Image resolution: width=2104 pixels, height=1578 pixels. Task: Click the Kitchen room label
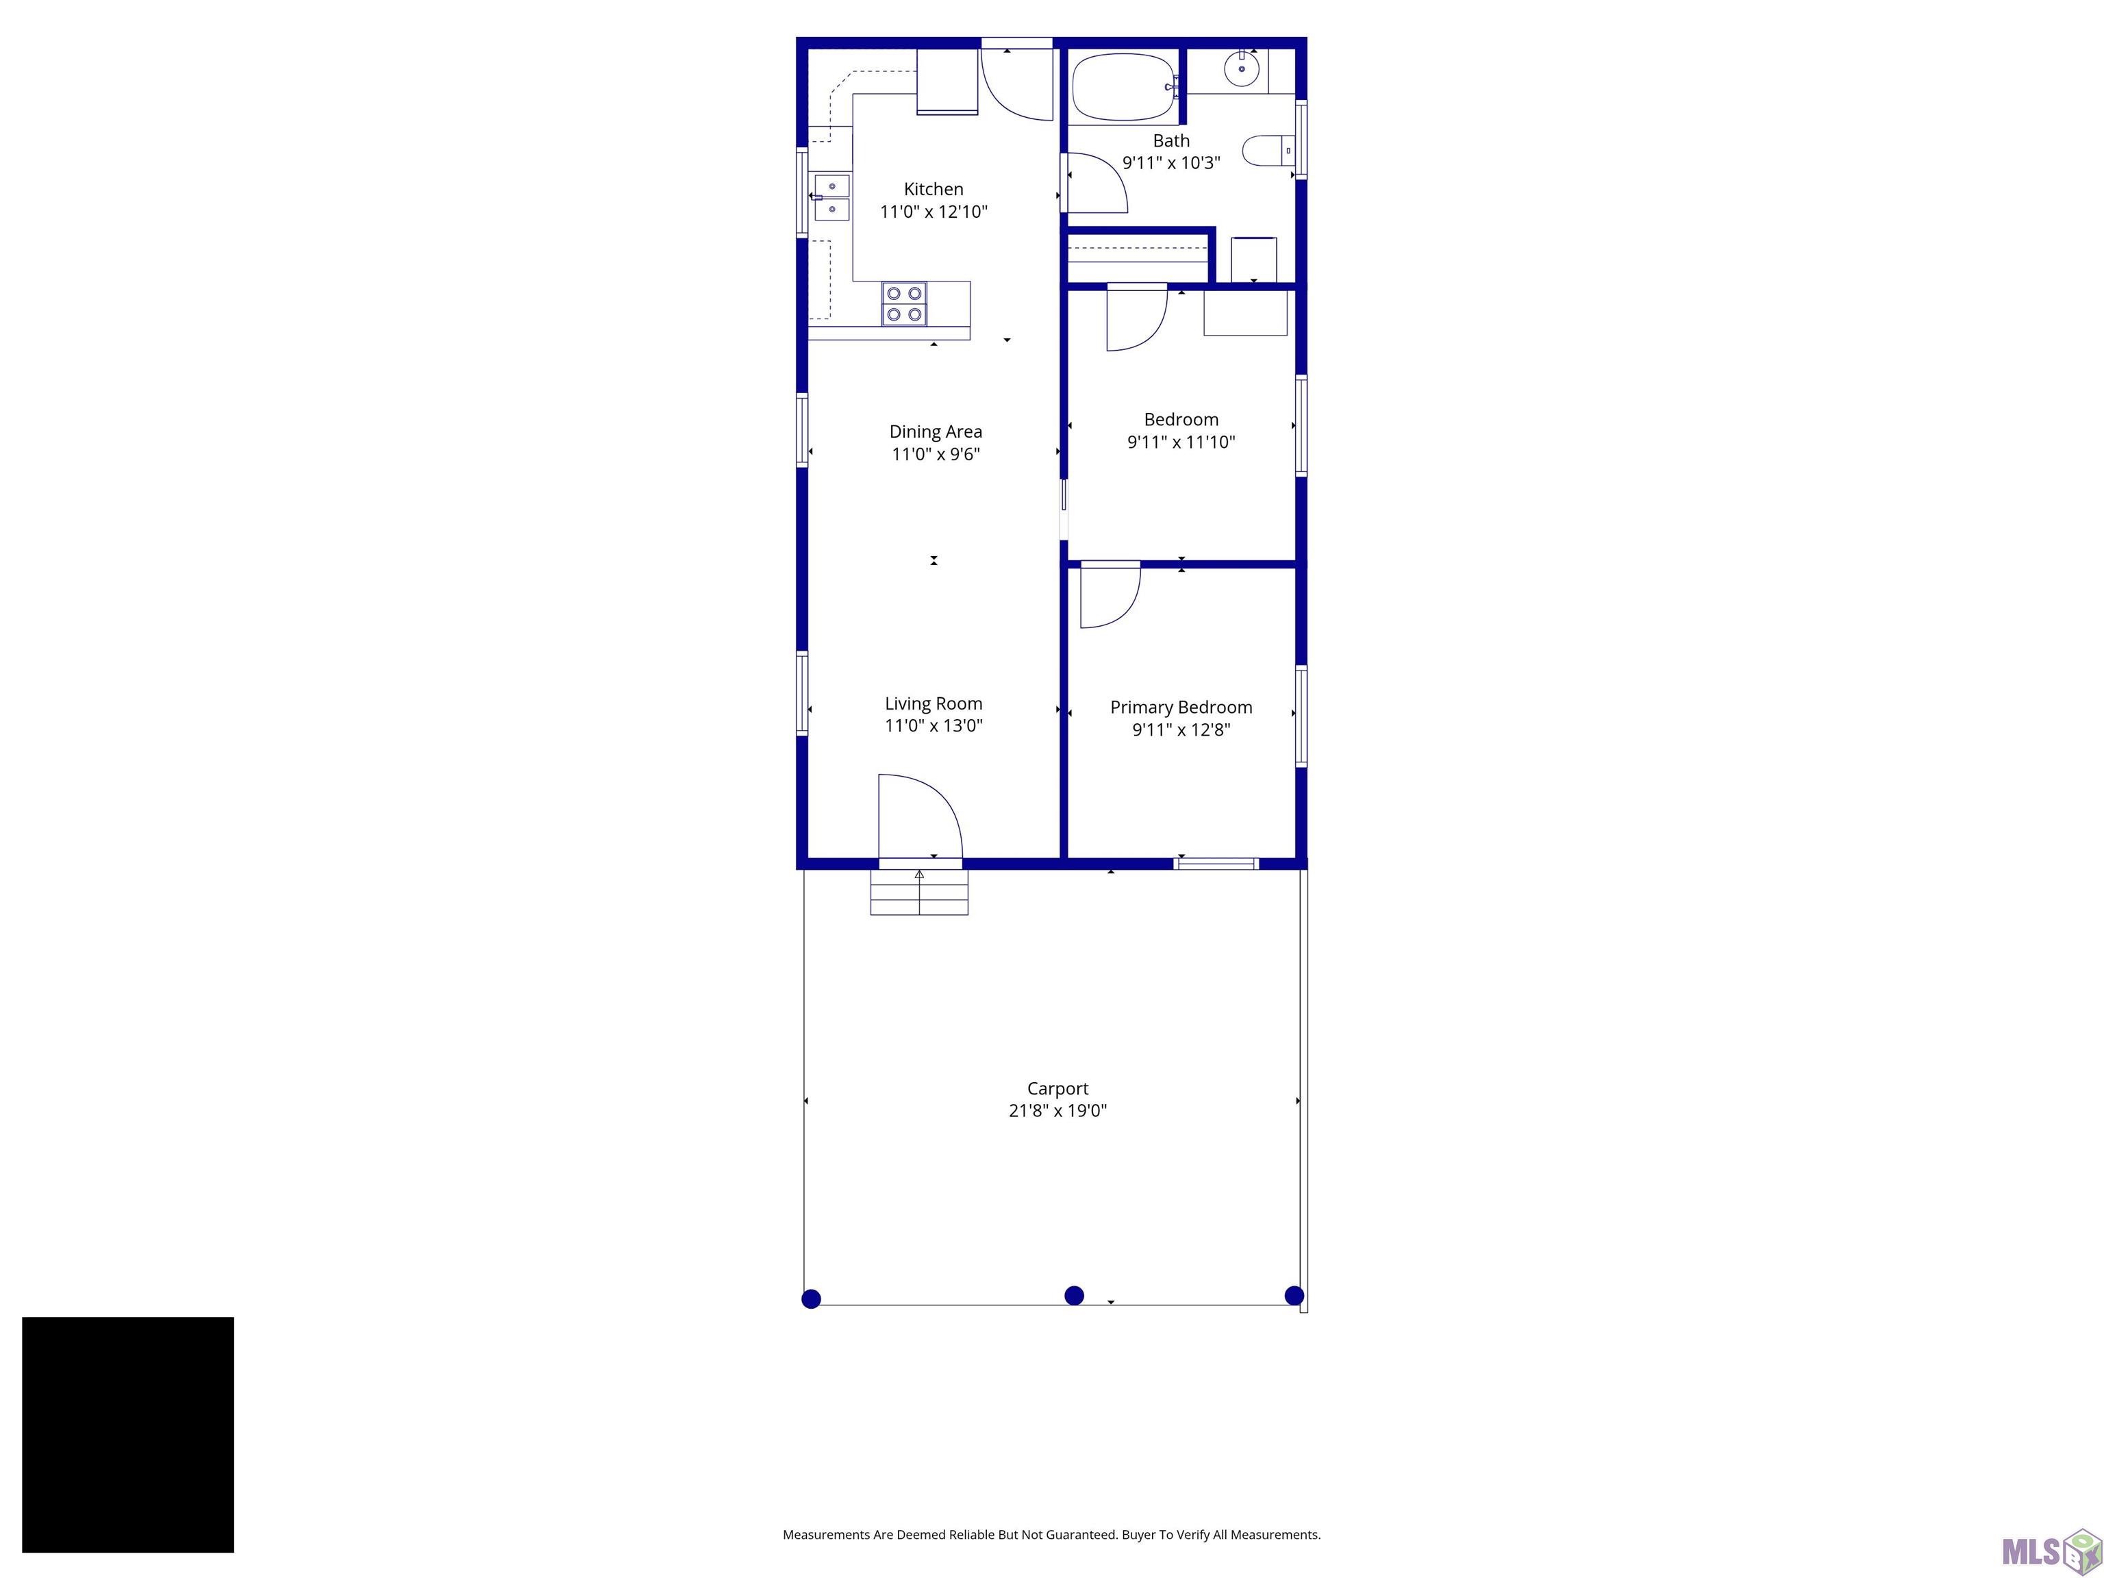933,189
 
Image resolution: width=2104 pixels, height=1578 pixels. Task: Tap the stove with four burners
903,304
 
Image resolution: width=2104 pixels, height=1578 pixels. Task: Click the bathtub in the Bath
1123,86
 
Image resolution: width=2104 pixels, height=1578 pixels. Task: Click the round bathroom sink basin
1241,69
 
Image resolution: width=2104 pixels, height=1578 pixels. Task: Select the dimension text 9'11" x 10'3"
1171,162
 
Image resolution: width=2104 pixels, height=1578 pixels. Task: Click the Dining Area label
935,432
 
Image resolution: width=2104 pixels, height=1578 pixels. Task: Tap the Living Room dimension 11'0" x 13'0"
933,726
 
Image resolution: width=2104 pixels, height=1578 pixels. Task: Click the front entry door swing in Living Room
917,816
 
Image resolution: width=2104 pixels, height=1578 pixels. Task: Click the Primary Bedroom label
1180,707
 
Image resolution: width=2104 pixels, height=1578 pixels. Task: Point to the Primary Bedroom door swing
1108,597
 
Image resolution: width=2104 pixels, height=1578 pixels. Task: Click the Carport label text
1057,1088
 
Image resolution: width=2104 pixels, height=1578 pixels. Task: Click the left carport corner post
812,1299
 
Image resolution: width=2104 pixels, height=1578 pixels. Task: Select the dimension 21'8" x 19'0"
1057,1111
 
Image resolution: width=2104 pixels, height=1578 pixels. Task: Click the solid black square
127,1434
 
